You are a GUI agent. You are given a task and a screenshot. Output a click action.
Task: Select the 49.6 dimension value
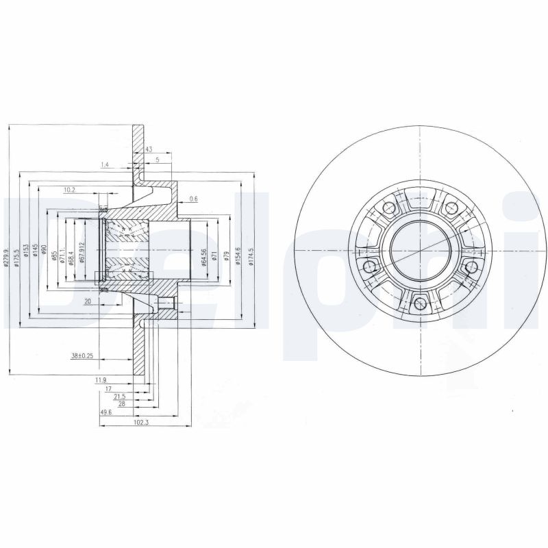tap(106, 412)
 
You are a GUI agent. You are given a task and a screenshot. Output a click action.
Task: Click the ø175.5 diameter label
tap(17, 251)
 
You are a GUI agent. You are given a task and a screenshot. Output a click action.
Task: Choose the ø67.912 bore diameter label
tap(82, 253)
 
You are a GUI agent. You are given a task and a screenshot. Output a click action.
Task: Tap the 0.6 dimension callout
tap(193, 199)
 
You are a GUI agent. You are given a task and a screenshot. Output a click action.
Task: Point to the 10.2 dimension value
tap(69, 190)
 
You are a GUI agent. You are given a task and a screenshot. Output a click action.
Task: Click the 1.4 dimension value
tap(105, 165)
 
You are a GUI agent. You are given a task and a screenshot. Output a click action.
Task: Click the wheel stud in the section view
tap(165, 304)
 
